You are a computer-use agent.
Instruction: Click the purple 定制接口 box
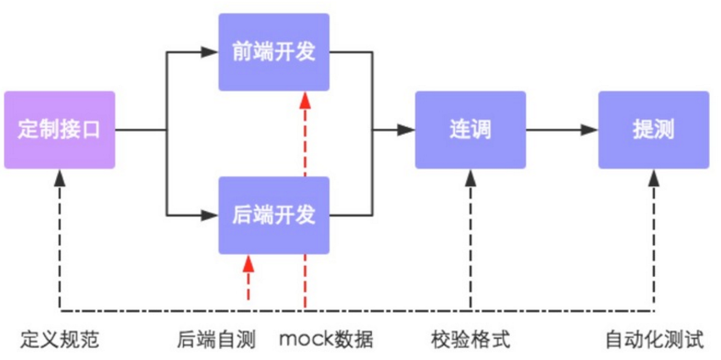tap(59, 130)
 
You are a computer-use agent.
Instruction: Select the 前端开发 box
tap(274, 52)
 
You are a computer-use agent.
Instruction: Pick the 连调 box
tap(470, 130)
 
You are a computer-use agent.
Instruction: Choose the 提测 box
tap(653, 130)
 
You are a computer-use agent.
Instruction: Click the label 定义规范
tap(59, 341)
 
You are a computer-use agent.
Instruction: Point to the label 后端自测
tap(216, 341)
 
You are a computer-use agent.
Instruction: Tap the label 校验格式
tap(470, 341)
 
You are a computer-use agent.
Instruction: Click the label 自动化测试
tap(654, 341)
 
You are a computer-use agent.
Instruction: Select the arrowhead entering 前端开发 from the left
tap(210, 52)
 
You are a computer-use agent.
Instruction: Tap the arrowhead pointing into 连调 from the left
tap(407, 130)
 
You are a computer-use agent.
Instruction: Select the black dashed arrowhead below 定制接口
tap(60, 177)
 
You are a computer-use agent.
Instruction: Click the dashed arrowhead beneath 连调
tap(470, 177)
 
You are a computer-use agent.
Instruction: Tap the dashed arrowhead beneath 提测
tap(653, 177)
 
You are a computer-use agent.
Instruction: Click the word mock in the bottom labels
tap(306, 341)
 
